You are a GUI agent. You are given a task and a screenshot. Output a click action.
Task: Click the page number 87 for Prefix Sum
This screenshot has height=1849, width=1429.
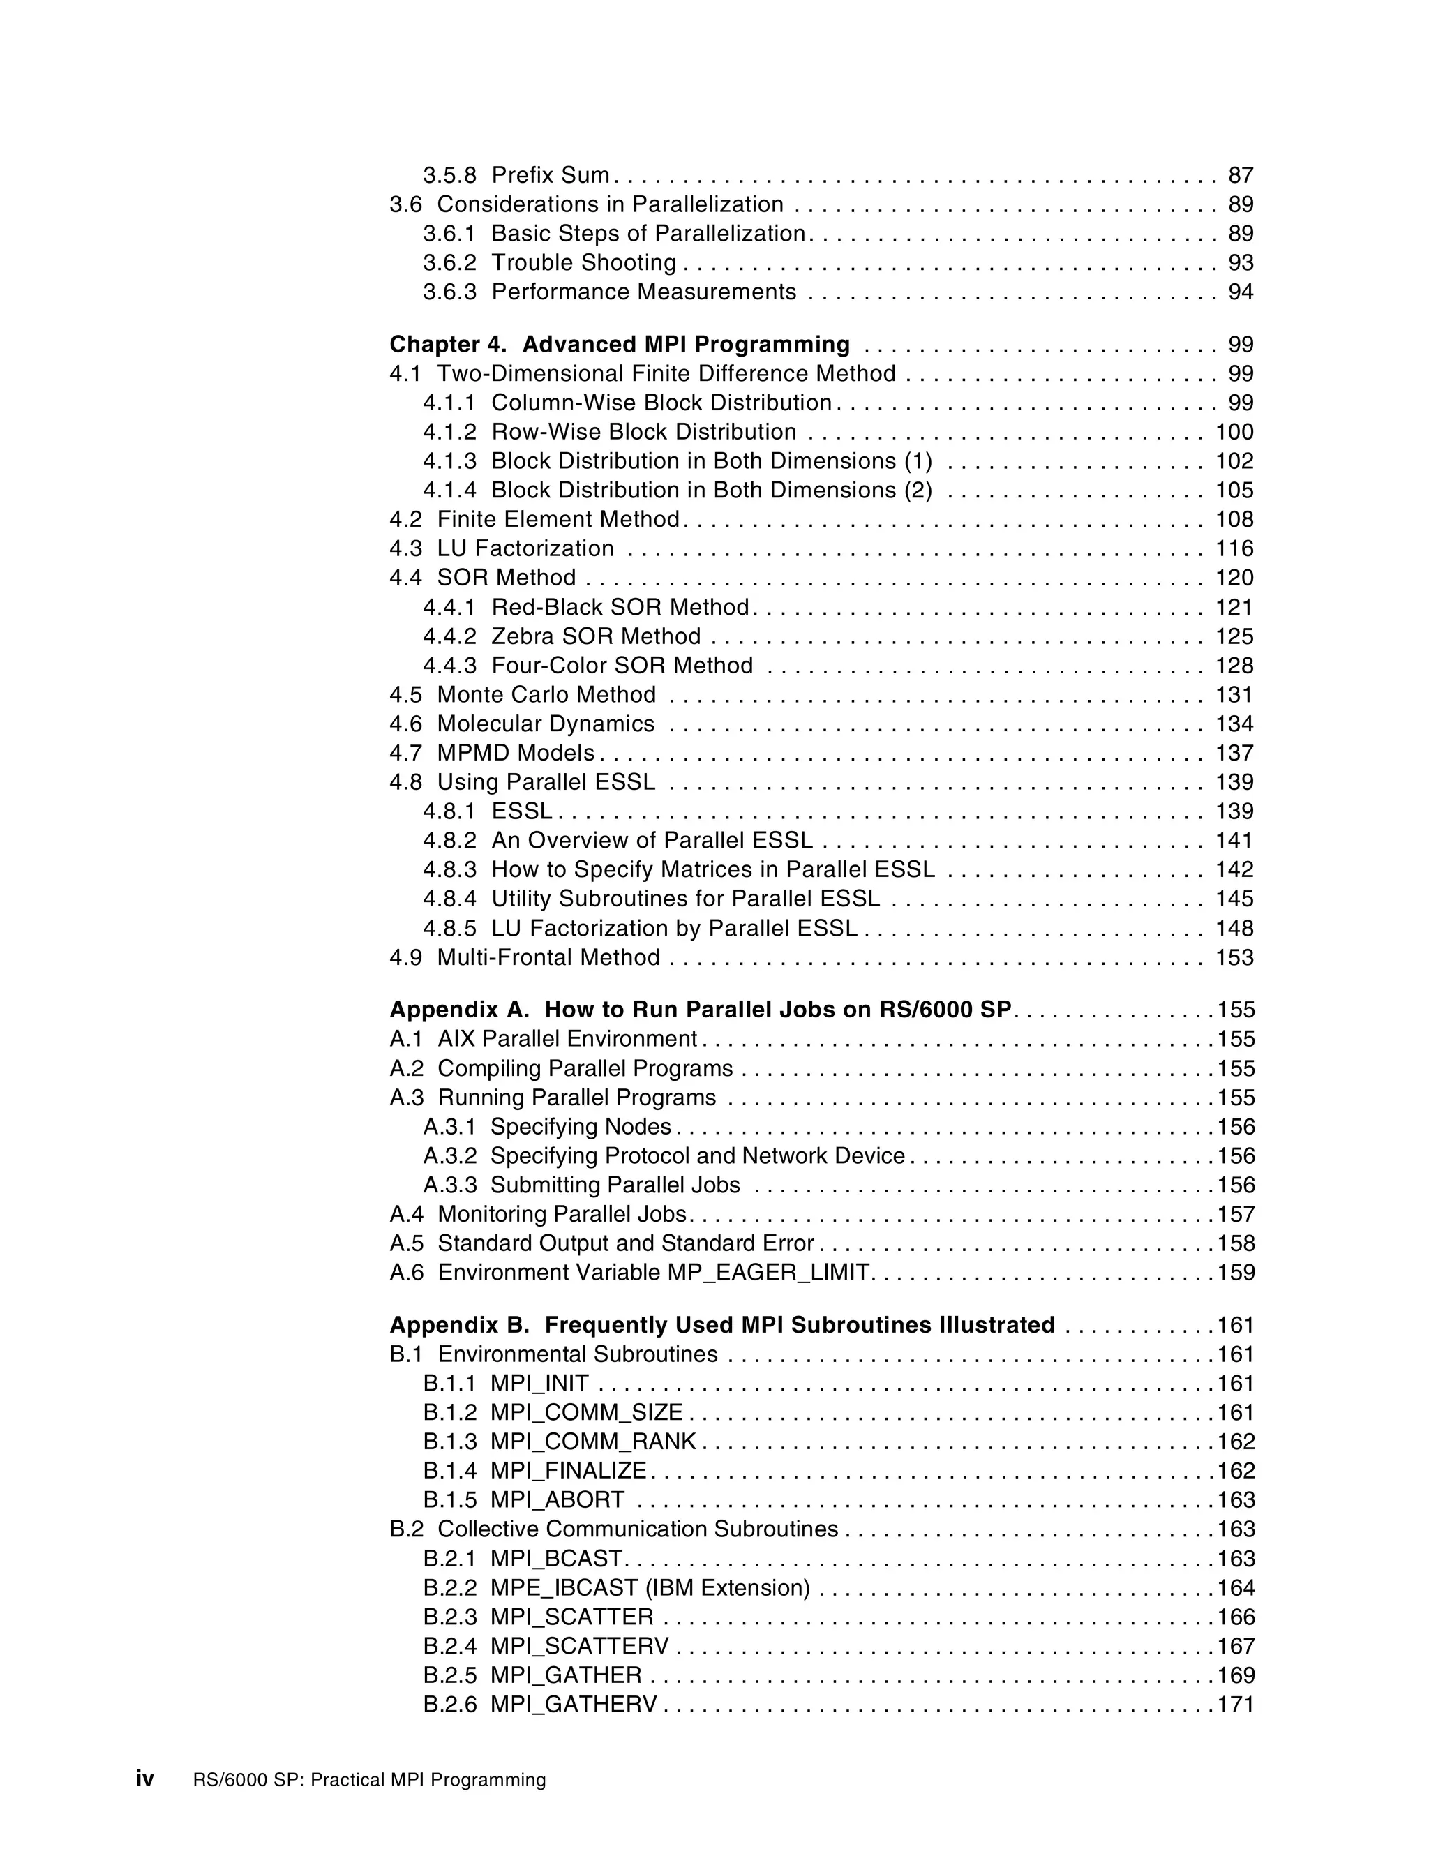click(1240, 175)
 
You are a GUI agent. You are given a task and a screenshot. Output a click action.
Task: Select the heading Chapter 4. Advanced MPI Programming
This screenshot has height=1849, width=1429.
click(619, 345)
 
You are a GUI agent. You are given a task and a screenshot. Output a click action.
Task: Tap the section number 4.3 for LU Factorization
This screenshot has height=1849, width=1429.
click(405, 548)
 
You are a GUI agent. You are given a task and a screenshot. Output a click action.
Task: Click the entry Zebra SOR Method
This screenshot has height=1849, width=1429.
click(595, 636)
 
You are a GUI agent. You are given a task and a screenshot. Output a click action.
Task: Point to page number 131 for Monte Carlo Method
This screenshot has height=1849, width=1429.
click(1234, 694)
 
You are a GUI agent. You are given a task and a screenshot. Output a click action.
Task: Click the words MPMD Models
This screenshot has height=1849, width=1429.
click(516, 753)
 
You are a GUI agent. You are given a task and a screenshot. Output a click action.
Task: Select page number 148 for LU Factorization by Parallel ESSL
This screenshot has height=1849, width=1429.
click(1234, 928)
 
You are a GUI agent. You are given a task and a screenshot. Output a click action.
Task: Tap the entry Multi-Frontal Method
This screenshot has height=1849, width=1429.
click(548, 957)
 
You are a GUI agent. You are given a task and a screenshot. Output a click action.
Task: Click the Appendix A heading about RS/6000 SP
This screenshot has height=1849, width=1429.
click(700, 1010)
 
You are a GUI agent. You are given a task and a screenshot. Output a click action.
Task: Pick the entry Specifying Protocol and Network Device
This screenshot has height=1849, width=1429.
click(698, 1155)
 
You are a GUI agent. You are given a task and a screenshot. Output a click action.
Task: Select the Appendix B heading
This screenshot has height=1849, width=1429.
click(721, 1325)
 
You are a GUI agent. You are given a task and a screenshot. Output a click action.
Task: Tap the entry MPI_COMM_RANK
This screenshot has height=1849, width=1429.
click(592, 1442)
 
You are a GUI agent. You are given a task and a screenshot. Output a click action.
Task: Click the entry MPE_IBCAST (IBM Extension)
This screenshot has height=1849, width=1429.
click(650, 1587)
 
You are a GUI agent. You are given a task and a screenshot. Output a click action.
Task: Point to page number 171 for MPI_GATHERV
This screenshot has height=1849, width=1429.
click(1235, 1705)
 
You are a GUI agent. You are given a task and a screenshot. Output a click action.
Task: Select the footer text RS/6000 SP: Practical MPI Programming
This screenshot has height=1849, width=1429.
click(369, 1780)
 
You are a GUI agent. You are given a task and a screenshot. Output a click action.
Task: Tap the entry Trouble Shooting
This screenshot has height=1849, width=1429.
click(583, 262)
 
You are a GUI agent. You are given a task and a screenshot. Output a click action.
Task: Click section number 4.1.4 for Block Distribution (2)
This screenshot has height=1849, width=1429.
click(449, 491)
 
